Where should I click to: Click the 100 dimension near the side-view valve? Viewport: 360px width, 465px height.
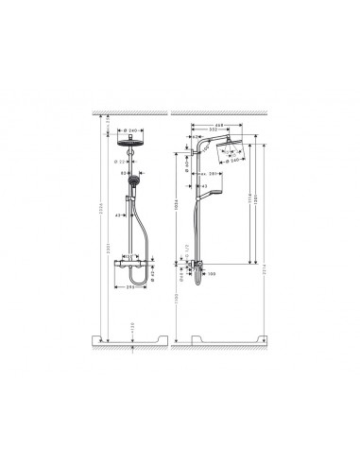point(213,276)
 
